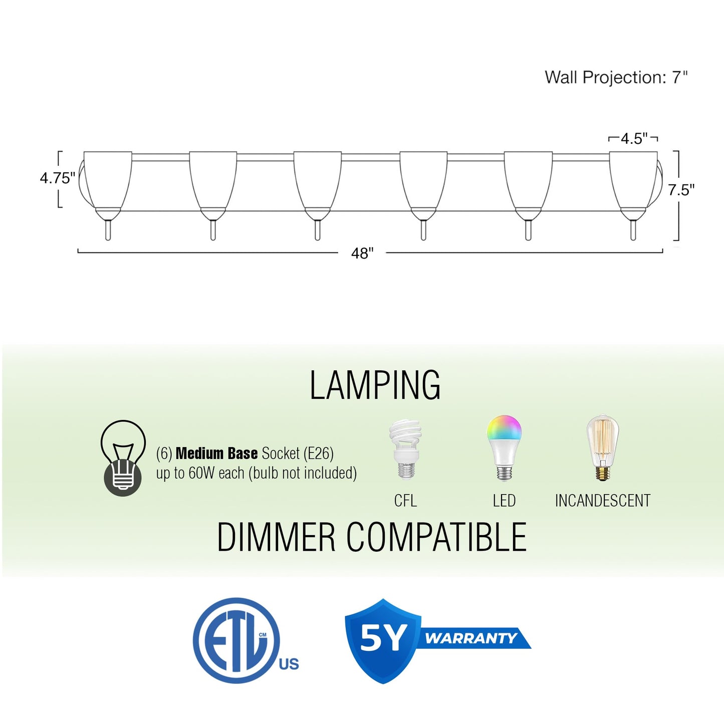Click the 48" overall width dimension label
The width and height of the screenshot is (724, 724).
(362, 254)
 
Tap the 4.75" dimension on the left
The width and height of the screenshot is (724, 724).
(58, 178)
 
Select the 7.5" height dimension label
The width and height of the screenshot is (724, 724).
(681, 190)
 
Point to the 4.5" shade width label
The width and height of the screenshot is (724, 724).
(634, 139)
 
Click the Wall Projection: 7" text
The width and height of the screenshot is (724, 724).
(616, 77)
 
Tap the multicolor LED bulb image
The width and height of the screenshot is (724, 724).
(504, 448)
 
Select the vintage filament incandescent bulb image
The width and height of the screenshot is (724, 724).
(602, 447)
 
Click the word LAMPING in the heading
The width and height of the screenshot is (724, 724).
(375, 385)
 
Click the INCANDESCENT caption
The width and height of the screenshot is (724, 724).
(603, 501)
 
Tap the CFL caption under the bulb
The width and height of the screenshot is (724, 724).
(405, 501)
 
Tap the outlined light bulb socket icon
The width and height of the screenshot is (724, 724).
(123, 458)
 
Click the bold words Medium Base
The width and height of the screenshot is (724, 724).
(216, 453)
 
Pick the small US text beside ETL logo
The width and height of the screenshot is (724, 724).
(289, 664)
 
